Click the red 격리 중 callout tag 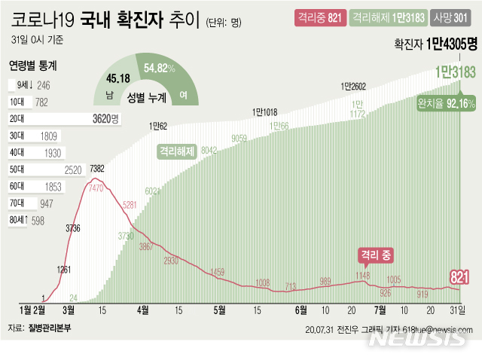point(374,255)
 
